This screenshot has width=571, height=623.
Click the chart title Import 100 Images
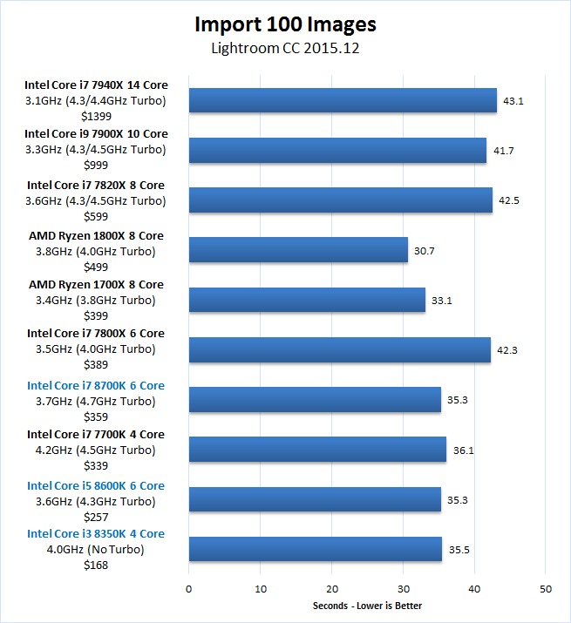[x=285, y=24]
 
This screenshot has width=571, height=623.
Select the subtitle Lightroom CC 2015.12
[x=285, y=48]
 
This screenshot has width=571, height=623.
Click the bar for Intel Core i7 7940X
[x=343, y=100]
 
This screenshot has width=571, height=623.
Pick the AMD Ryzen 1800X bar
[x=298, y=250]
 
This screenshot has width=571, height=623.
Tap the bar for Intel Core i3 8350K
[x=316, y=549]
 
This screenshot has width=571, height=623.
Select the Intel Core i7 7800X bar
[x=340, y=349]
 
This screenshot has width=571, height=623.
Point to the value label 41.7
[x=503, y=151]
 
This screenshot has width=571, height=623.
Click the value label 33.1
[x=442, y=301]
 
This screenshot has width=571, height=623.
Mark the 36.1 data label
[x=463, y=450]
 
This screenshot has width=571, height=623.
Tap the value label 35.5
[x=459, y=550]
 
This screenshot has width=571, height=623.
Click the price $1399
[x=96, y=117]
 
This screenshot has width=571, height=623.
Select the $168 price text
[x=96, y=565]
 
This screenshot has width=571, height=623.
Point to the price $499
[x=96, y=267]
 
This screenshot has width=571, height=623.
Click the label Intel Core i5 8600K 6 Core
[x=96, y=486]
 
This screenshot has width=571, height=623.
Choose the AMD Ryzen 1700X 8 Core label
[x=96, y=285]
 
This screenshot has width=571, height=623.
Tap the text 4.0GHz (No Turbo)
[x=95, y=550]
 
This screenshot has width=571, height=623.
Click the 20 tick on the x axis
[x=332, y=589]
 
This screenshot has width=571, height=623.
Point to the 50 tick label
[x=546, y=589]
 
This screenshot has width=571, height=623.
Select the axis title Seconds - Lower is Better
[x=367, y=606]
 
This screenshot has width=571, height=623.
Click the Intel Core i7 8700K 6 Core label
[x=96, y=386]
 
